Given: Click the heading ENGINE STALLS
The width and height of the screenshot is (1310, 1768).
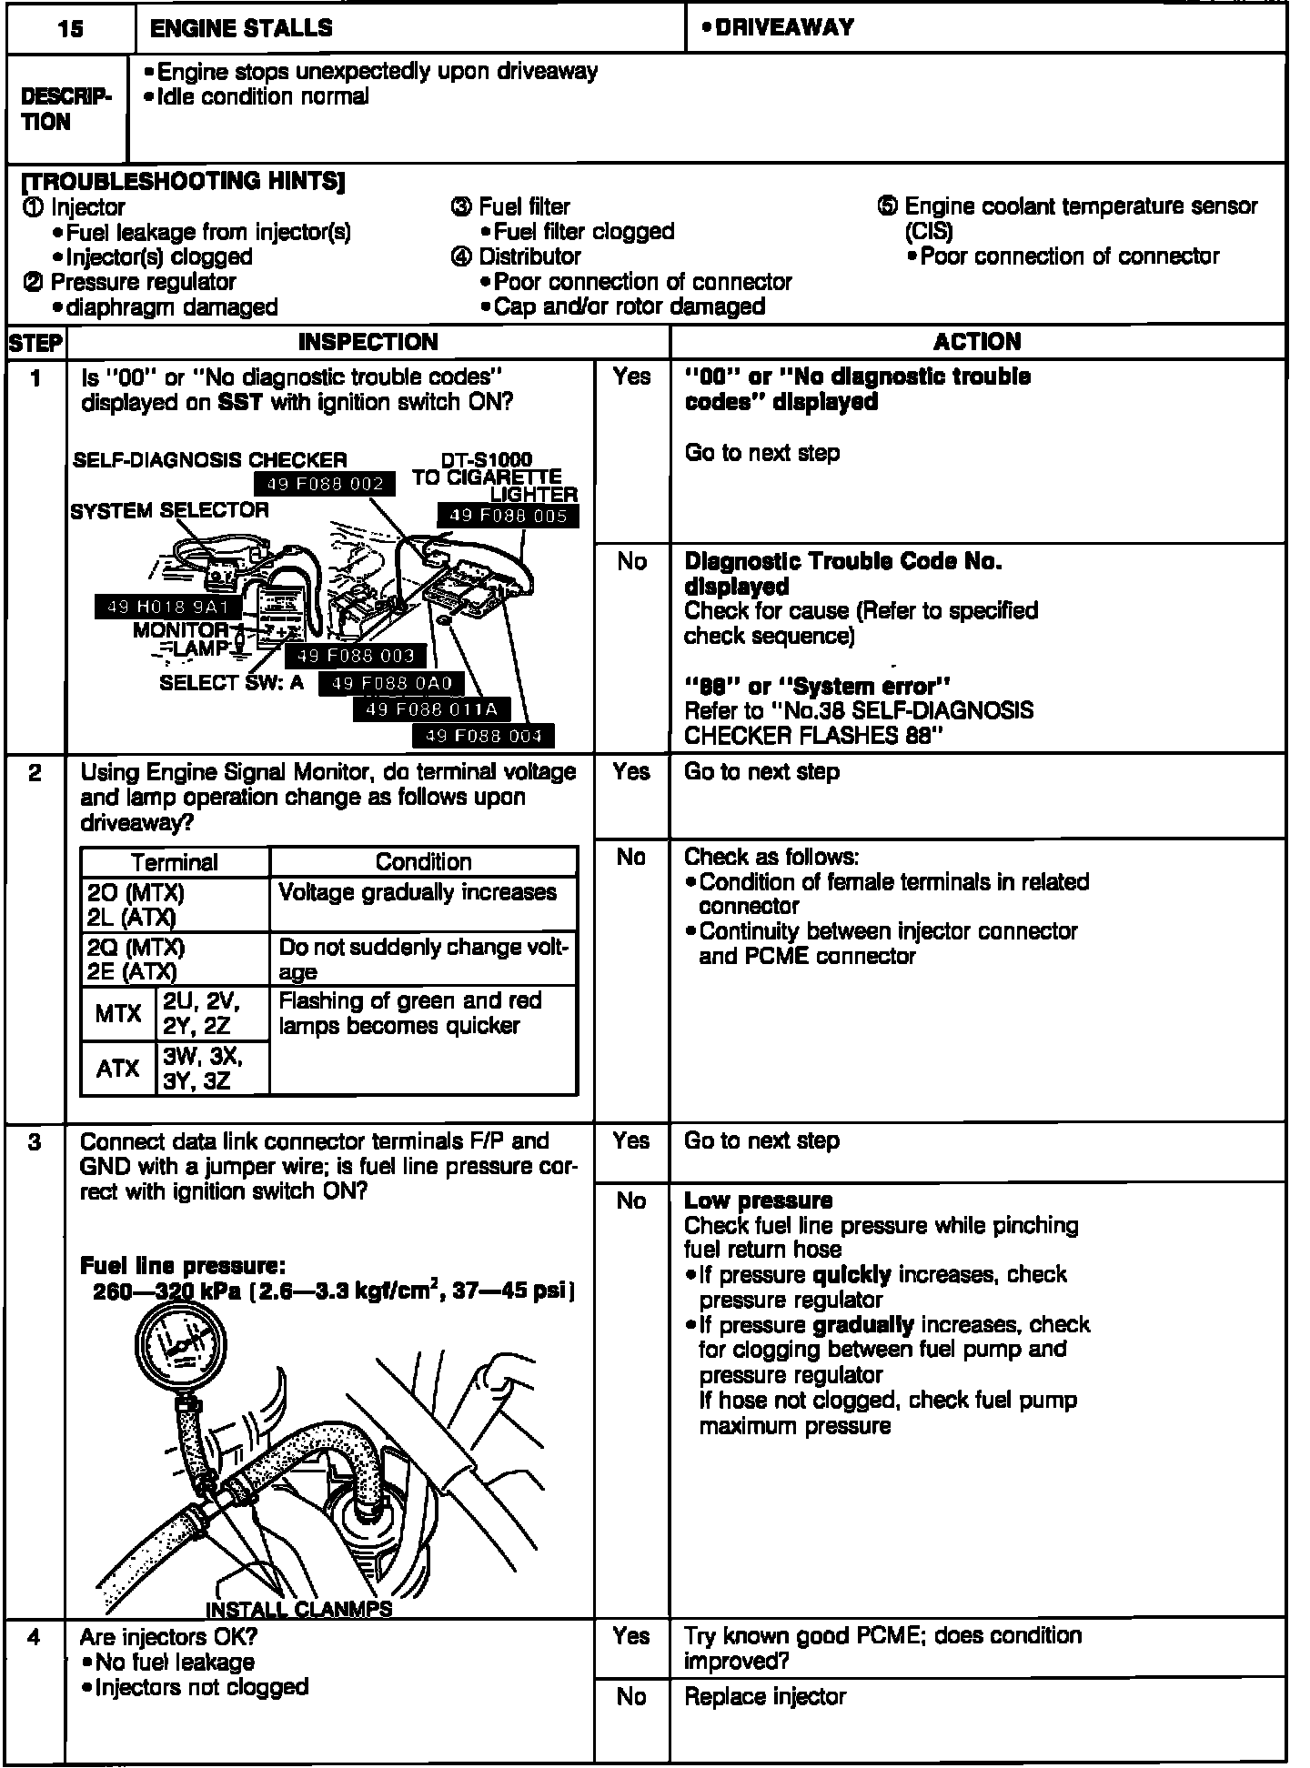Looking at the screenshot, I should click(241, 28).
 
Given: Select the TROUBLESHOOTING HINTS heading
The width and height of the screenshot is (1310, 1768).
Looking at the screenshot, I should click(183, 181).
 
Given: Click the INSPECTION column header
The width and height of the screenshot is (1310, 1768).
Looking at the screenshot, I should click(368, 342).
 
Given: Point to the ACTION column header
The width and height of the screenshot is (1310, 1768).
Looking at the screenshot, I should click(977, 342).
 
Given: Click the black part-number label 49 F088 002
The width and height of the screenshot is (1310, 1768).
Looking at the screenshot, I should click(324, 484).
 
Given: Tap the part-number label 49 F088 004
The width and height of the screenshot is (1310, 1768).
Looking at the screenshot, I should click(483, 736).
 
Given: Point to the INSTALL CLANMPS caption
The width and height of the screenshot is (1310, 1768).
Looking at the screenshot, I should click(298, 1609).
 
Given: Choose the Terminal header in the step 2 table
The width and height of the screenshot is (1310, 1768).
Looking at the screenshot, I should click(175, 862).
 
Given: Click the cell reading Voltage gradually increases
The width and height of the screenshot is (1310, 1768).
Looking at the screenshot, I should click(418, 892).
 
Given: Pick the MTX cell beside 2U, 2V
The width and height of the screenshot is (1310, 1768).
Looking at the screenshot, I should click(118, 1014).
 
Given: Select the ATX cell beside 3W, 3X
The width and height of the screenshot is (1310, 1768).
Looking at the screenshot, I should click(118, 1069).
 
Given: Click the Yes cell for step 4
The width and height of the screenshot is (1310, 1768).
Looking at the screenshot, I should click(631, 1636).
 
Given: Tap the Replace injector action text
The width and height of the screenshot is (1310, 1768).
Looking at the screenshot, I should click(765, 1697).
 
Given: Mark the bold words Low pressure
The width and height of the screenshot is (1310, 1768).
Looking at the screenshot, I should click(758, 1200).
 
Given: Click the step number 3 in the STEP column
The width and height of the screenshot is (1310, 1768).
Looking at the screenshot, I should click(35, 1142).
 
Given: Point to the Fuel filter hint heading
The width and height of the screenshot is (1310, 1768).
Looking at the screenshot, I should click(524, 206).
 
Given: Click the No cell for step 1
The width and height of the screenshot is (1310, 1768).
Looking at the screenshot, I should click(631, 561).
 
